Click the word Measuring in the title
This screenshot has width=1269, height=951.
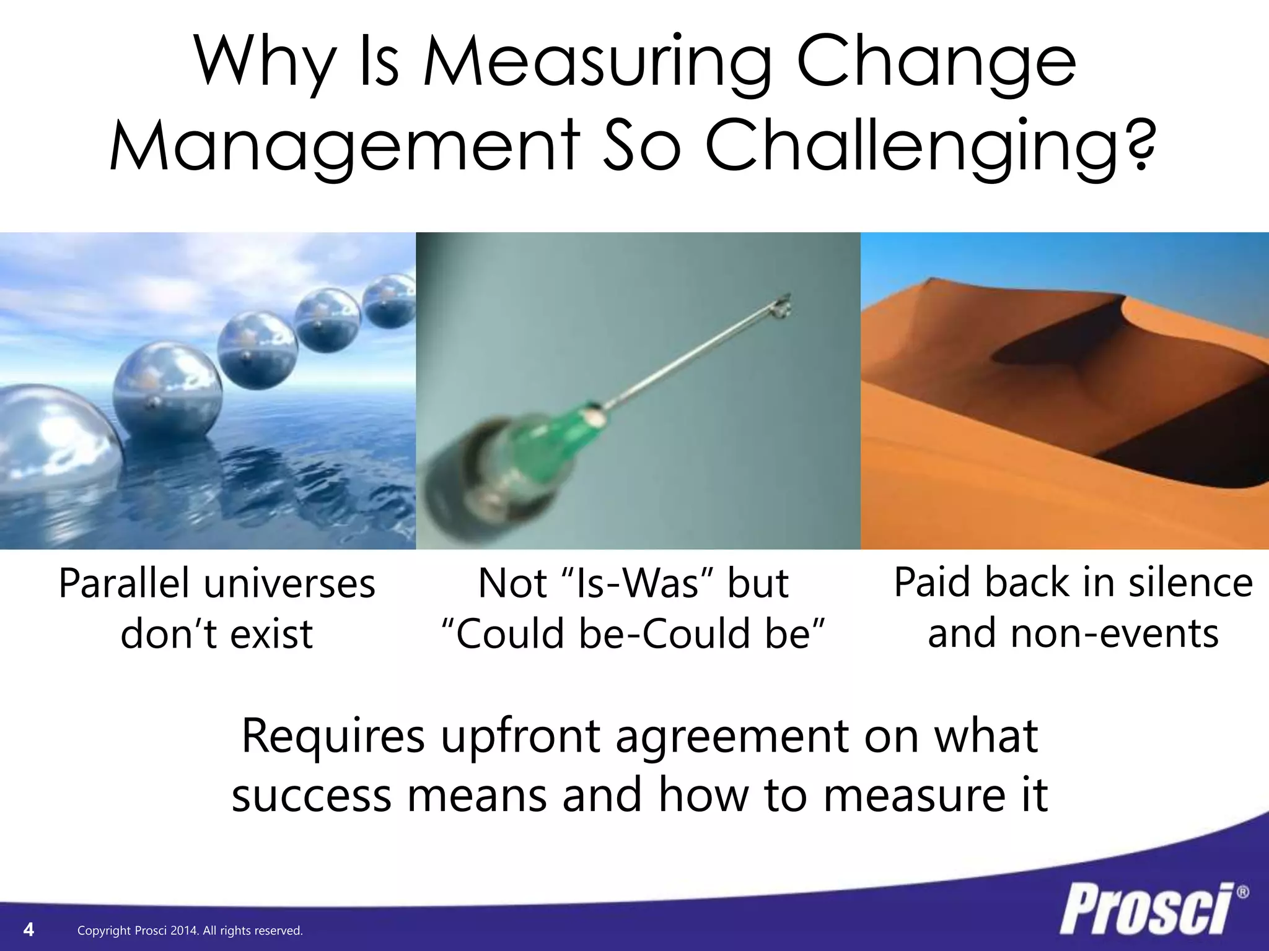tap(597, 63)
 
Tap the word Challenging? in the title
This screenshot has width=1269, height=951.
tap(929, 148)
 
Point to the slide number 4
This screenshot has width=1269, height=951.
tap(29, 929)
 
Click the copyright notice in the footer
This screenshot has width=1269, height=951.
tap(190, 931)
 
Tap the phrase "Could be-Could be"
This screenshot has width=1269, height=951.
tap(633, 634)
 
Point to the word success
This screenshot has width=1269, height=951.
tap(312, 795)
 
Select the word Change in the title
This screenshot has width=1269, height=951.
tap(936, 63)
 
